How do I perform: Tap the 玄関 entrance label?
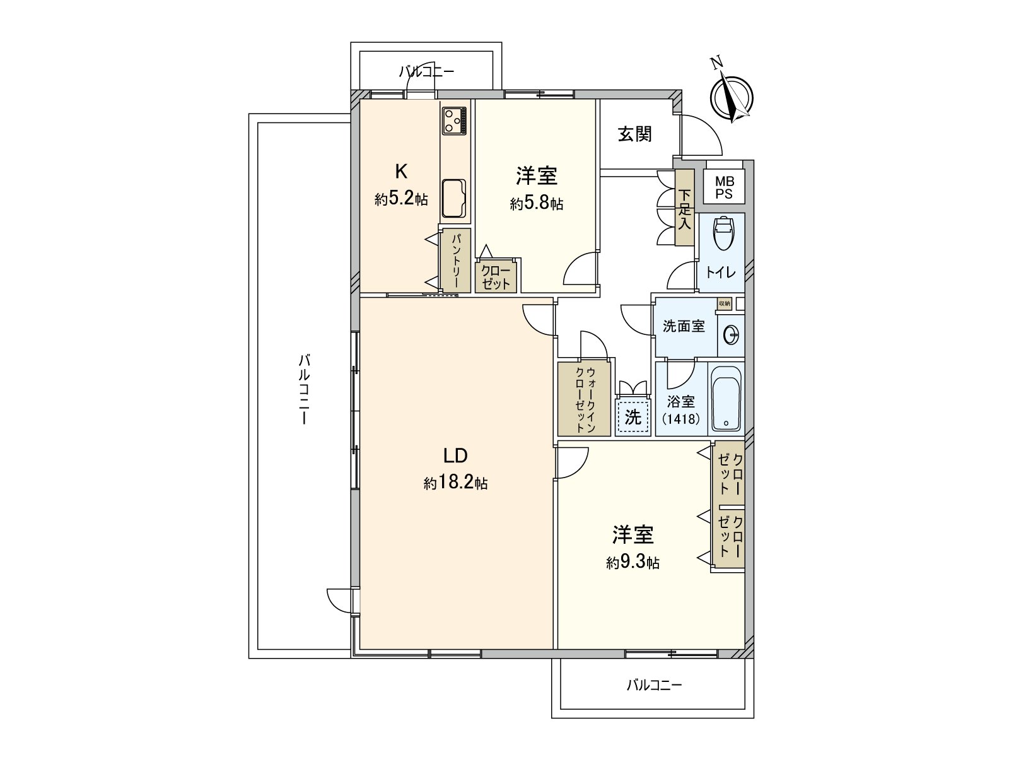(634, 134)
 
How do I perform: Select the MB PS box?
(724, 188)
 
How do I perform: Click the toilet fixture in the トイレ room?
(723, 234)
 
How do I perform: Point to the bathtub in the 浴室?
(727, 399)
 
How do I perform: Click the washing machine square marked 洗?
(633, 417)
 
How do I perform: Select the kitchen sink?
(454, 198)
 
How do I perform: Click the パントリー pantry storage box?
(457, 260)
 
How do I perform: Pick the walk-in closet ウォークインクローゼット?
(584, 398)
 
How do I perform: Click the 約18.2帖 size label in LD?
(455, 484)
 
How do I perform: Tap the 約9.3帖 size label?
(633, 563)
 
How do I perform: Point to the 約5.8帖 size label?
(537, 204)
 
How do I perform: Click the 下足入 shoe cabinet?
(684, 208)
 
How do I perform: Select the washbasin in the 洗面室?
(731, 335)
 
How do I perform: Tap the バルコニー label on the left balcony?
(304, 389)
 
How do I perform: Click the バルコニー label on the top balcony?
(426, 72)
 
